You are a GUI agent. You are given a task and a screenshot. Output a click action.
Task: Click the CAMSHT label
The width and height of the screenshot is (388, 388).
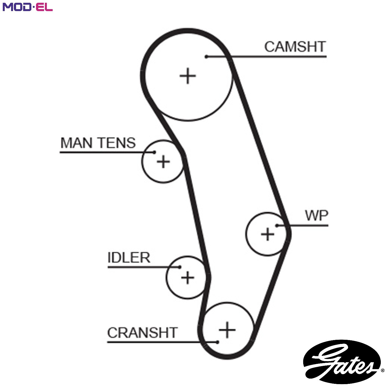[295, 47]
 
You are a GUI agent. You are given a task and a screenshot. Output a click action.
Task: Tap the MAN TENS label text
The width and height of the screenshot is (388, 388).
[98, 143]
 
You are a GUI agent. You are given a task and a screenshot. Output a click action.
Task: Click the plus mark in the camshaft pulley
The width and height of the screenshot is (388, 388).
[188, 76]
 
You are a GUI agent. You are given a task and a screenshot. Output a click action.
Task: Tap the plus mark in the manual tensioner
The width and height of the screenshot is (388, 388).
[163, 162]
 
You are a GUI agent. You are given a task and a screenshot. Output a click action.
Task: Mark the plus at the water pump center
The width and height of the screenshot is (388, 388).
[267, 234]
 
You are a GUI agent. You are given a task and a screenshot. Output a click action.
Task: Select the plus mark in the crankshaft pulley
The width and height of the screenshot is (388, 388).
[227, 330]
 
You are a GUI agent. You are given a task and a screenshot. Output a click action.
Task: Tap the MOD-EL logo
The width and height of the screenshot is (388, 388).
[28, 7]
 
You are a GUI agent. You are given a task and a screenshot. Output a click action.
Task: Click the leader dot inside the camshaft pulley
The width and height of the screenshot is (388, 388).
[206, 57]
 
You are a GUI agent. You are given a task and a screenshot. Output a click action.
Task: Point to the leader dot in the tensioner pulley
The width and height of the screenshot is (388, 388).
[154, 152]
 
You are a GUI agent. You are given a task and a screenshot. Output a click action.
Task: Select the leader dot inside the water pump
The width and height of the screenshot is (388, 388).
[277, 226]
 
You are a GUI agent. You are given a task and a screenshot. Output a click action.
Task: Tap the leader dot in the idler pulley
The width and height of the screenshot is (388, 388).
[180, 267]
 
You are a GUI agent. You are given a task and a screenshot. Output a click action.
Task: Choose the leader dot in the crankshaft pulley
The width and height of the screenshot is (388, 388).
[217, 342]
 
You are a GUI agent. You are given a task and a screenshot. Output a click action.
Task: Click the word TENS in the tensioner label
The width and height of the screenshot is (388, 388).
[117, 143]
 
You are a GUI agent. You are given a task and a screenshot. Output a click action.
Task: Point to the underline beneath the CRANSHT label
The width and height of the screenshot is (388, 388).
[162, 342]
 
